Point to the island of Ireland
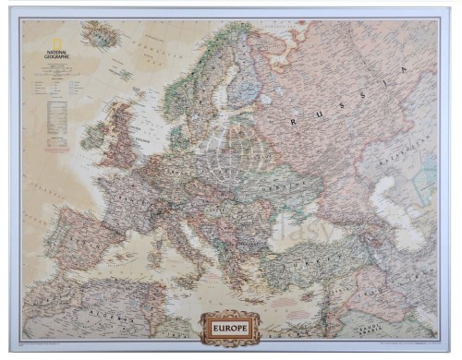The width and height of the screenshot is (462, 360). click(x=93, y=136)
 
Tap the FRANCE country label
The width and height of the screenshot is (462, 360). click(x=118, y=197)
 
